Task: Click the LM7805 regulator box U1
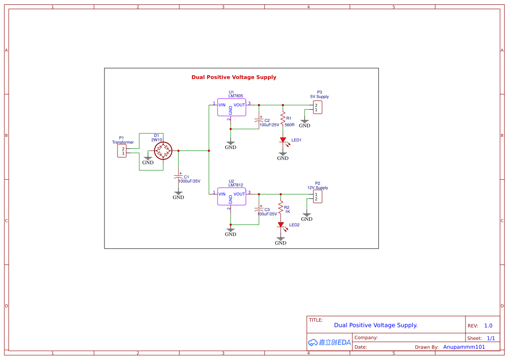[x=231, y=107]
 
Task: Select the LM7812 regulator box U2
[x=231, y=197]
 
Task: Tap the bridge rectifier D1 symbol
[x=164, y=151]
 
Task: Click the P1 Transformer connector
[x=122, y=151]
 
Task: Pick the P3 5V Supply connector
[x=318, y=107]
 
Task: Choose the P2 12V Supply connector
[x=318, y=197]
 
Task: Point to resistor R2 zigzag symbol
[x=281, y=207]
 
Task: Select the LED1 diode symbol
[x=283, y=140]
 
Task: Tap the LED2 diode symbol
[x=281, y=225]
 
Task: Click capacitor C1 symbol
[x=178, y=177]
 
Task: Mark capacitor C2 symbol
[x=259, y=119]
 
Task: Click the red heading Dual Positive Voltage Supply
[x=234, y=77]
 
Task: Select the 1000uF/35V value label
[x=189, y=181]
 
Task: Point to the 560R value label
[x=289, y=125]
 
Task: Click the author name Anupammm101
[x=464, y=347]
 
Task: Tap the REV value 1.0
[x=488, y=326]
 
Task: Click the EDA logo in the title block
[x=329, y=342]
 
